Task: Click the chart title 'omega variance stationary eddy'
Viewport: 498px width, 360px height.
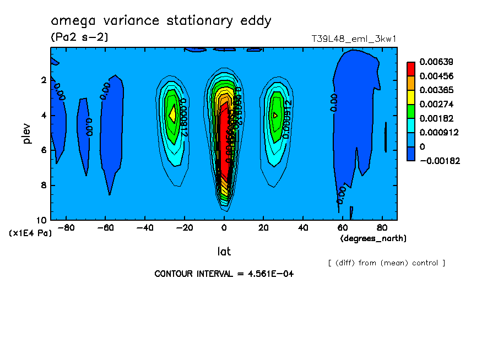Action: tap(161, 21)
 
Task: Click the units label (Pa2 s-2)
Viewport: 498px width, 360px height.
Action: tap(79, 37)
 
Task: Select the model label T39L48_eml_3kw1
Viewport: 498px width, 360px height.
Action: tap(354, 39)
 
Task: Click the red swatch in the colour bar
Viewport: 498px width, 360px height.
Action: tap(410, 68)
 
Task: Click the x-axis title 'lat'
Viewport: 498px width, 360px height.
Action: tap(224, 252)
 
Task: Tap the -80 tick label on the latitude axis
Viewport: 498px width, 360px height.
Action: tap(66, 227)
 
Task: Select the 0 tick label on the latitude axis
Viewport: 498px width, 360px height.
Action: tap(224, 227)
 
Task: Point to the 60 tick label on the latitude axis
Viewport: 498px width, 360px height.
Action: tap(342, 227)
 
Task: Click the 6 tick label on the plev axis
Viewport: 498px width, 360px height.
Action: tap(44, 150)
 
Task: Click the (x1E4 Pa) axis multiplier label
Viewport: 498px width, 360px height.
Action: tap(30, 233)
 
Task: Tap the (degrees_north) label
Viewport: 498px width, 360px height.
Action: tap(373, 238)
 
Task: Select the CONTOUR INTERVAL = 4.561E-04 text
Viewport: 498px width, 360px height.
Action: tap(224, 274)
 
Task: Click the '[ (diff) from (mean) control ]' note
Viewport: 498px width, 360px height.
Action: tap(386, 263)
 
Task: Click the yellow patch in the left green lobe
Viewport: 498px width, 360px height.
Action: tap(172, 114)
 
